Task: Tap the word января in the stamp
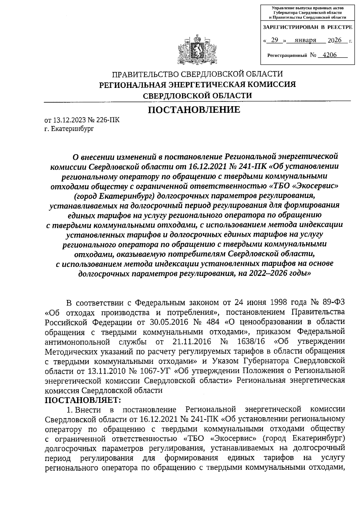pyautogui.click(x=305, y=40)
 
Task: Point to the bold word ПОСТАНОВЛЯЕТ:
pyautogui.click(x=83, y=400)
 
